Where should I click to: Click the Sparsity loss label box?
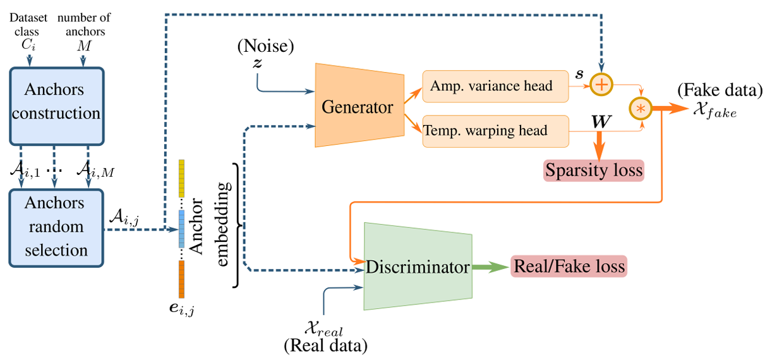point(593,171)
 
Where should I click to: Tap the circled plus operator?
point(601,83)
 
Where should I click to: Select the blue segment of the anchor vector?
point(182,229)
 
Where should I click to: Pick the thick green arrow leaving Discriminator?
point(490,267)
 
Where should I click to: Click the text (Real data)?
point(325,346)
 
